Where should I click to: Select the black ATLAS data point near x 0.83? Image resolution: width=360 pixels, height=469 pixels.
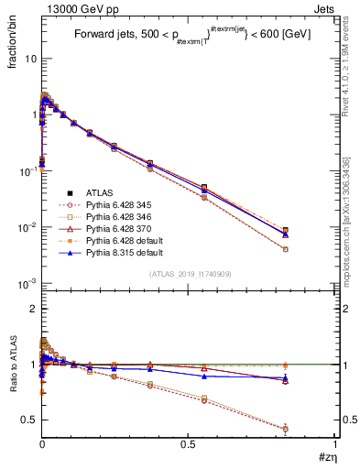point(286,231)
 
